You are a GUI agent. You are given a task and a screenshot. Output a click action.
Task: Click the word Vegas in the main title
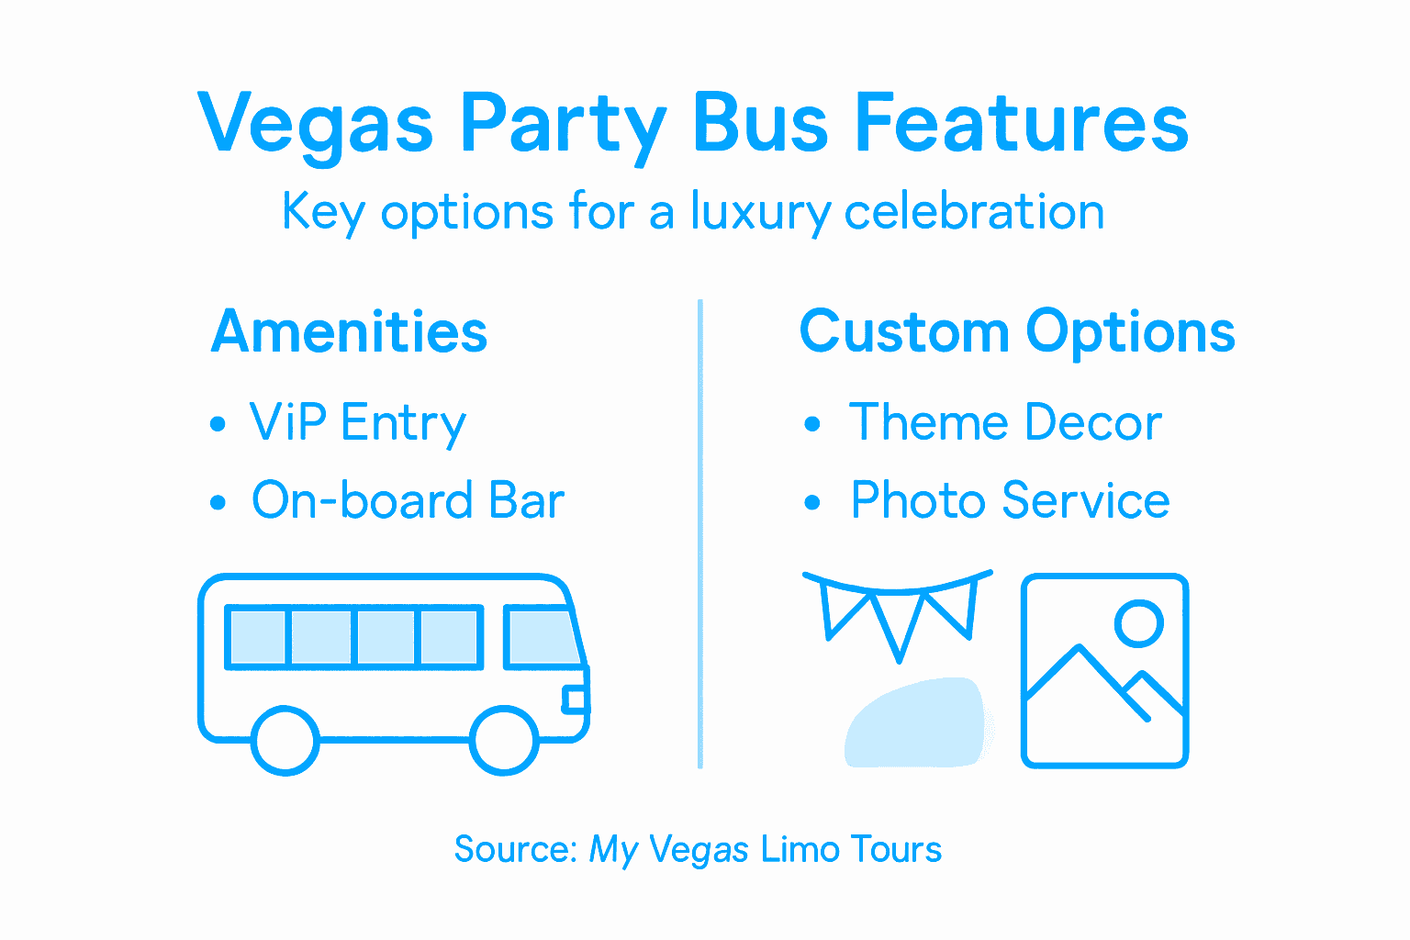pos(315,124)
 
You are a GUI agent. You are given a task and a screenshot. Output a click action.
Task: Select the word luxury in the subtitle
pos(760,213)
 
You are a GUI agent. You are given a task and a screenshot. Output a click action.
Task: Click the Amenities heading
pos(349,331)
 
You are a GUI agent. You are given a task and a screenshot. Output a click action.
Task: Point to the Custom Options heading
pos(1017,331)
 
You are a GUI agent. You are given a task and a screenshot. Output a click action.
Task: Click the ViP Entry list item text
pos(358,423)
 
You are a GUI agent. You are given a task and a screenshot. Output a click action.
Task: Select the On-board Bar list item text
pos(408,501)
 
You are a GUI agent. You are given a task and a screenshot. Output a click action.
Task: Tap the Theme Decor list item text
pos(1005,422)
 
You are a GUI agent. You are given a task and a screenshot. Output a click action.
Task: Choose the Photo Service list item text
pos(1010,500)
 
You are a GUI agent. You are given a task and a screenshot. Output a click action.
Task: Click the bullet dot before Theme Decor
pos(811,424)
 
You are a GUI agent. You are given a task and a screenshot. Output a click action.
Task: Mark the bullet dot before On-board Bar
pos(218,502)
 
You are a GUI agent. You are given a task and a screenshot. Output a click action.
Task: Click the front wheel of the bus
pos(504,740)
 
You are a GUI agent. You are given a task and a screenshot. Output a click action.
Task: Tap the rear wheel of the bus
pos(285,740)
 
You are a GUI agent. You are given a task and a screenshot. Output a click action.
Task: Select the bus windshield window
pos(542,635)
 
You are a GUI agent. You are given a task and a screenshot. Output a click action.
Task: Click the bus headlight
pos(575,700)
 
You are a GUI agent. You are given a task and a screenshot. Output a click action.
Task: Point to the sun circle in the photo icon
pos(1138,623)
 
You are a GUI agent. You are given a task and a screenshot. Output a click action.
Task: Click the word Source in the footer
pos(514,849)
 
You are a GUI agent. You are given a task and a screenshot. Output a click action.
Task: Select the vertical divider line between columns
pos(700,532)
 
